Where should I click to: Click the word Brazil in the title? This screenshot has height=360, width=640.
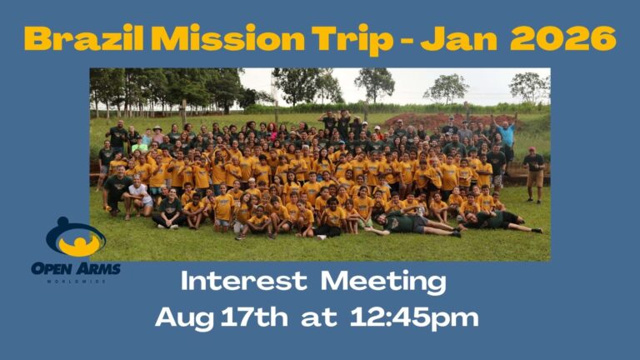83,38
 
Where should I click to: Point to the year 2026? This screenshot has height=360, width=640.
562,38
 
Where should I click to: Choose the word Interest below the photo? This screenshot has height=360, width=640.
243,281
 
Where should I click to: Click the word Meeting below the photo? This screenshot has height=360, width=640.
382,282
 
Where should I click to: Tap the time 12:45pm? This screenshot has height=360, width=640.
414,318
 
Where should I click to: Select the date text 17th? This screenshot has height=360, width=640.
254,317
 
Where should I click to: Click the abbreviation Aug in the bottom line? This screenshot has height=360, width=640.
185,319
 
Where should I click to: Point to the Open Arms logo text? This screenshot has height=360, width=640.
76,269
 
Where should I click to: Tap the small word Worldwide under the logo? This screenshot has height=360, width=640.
76,282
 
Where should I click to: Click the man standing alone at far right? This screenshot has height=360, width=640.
534,175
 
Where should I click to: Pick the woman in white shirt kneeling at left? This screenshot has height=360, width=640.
139,196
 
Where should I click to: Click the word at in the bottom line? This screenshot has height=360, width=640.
319,318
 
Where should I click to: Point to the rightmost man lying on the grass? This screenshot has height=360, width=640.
500,221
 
